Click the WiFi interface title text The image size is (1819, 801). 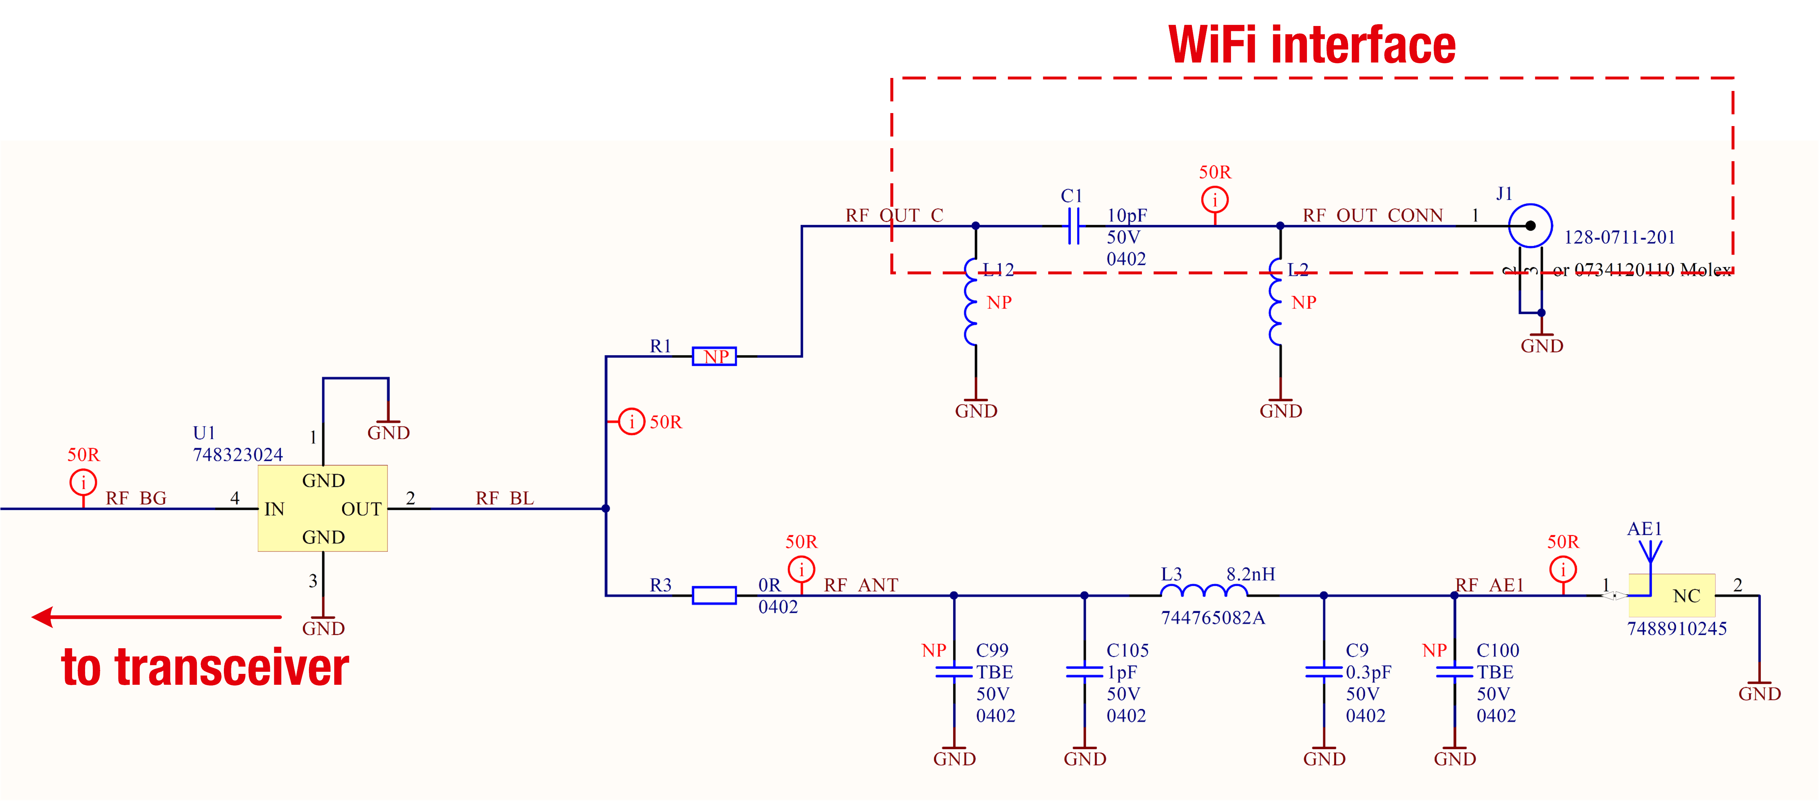click(x=1311, y=45)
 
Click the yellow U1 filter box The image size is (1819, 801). click(x=323, y=508)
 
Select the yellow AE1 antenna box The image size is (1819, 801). click(x=1671, y=596)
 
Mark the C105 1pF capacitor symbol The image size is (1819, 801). click(x=1085, y=672)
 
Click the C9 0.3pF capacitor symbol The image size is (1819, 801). click(x=1324, y=672)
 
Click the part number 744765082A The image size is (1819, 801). click(x=1212, y=618)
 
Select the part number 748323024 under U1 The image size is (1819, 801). click(x=238, y=454)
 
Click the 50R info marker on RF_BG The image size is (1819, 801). click(x=83, y=483)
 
